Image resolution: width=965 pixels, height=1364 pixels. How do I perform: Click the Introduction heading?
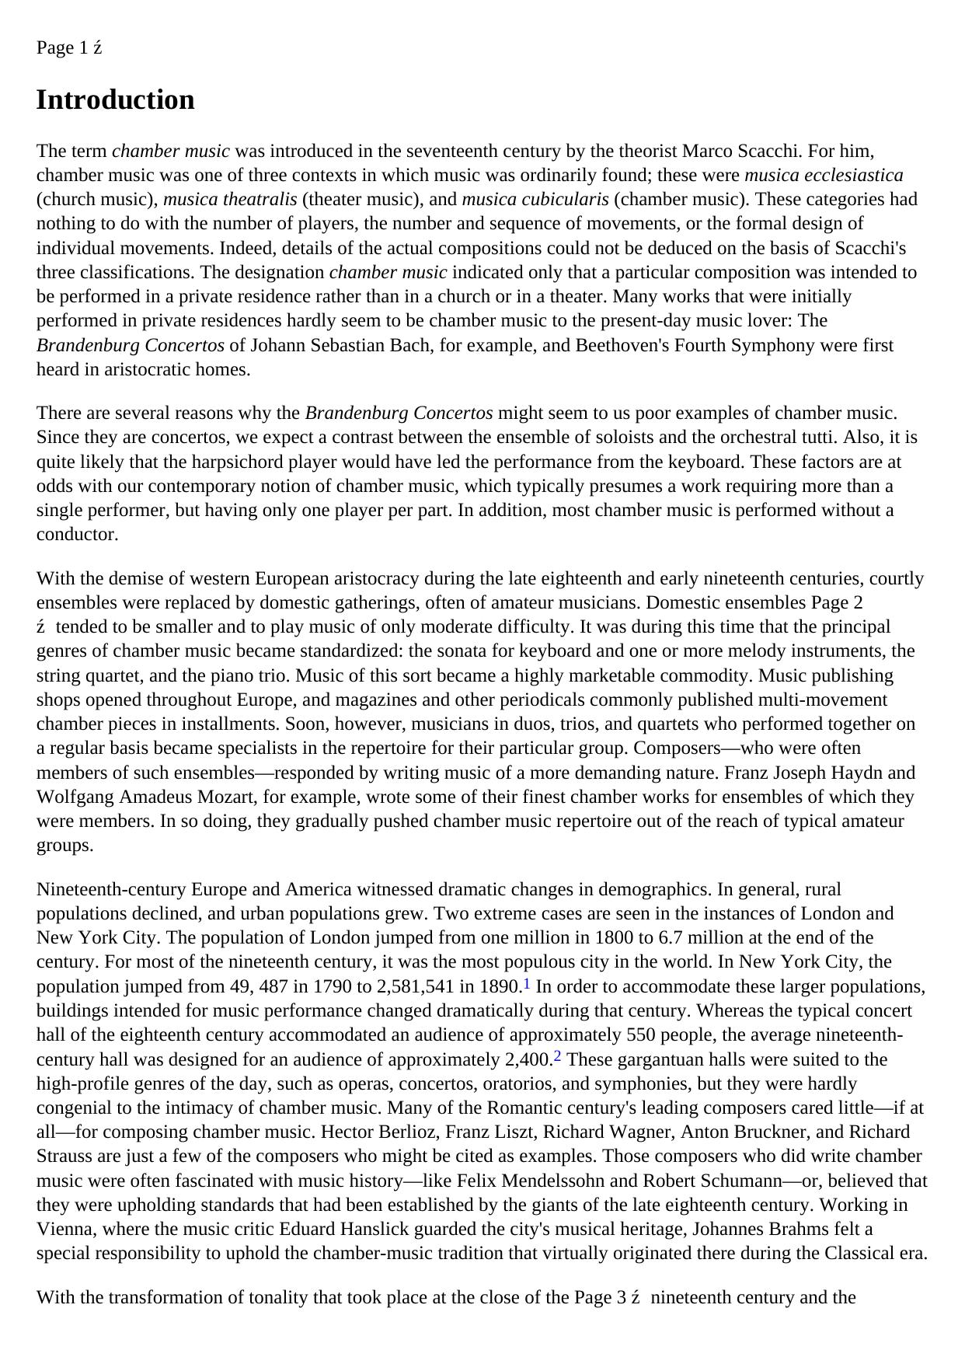tap(115, 100)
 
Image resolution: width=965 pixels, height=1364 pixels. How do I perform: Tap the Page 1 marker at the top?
tap(62, 48)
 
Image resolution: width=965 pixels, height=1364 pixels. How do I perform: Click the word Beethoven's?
tap(620, 345)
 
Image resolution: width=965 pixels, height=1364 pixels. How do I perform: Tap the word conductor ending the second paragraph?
tap(77, 535)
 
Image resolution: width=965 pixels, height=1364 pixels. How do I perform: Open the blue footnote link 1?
tap(527, 984)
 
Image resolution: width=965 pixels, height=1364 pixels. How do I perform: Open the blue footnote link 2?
tap(557, 1057)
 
